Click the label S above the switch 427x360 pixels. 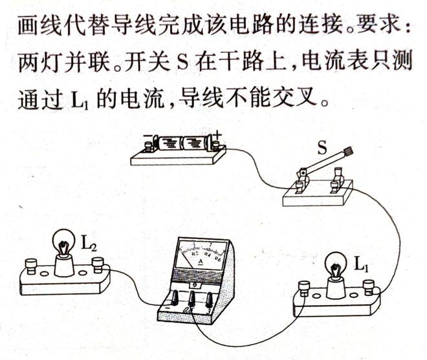(x=322, y=149)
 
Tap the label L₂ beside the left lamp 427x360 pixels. (x=89, y=244)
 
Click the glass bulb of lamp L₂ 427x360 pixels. (x=63, y=246)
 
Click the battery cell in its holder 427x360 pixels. (x=182, y=142)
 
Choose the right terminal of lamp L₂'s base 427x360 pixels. (x=98, y=263)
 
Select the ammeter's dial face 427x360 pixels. (x=201, y=254)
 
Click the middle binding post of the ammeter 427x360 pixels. (x=193, y=299)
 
